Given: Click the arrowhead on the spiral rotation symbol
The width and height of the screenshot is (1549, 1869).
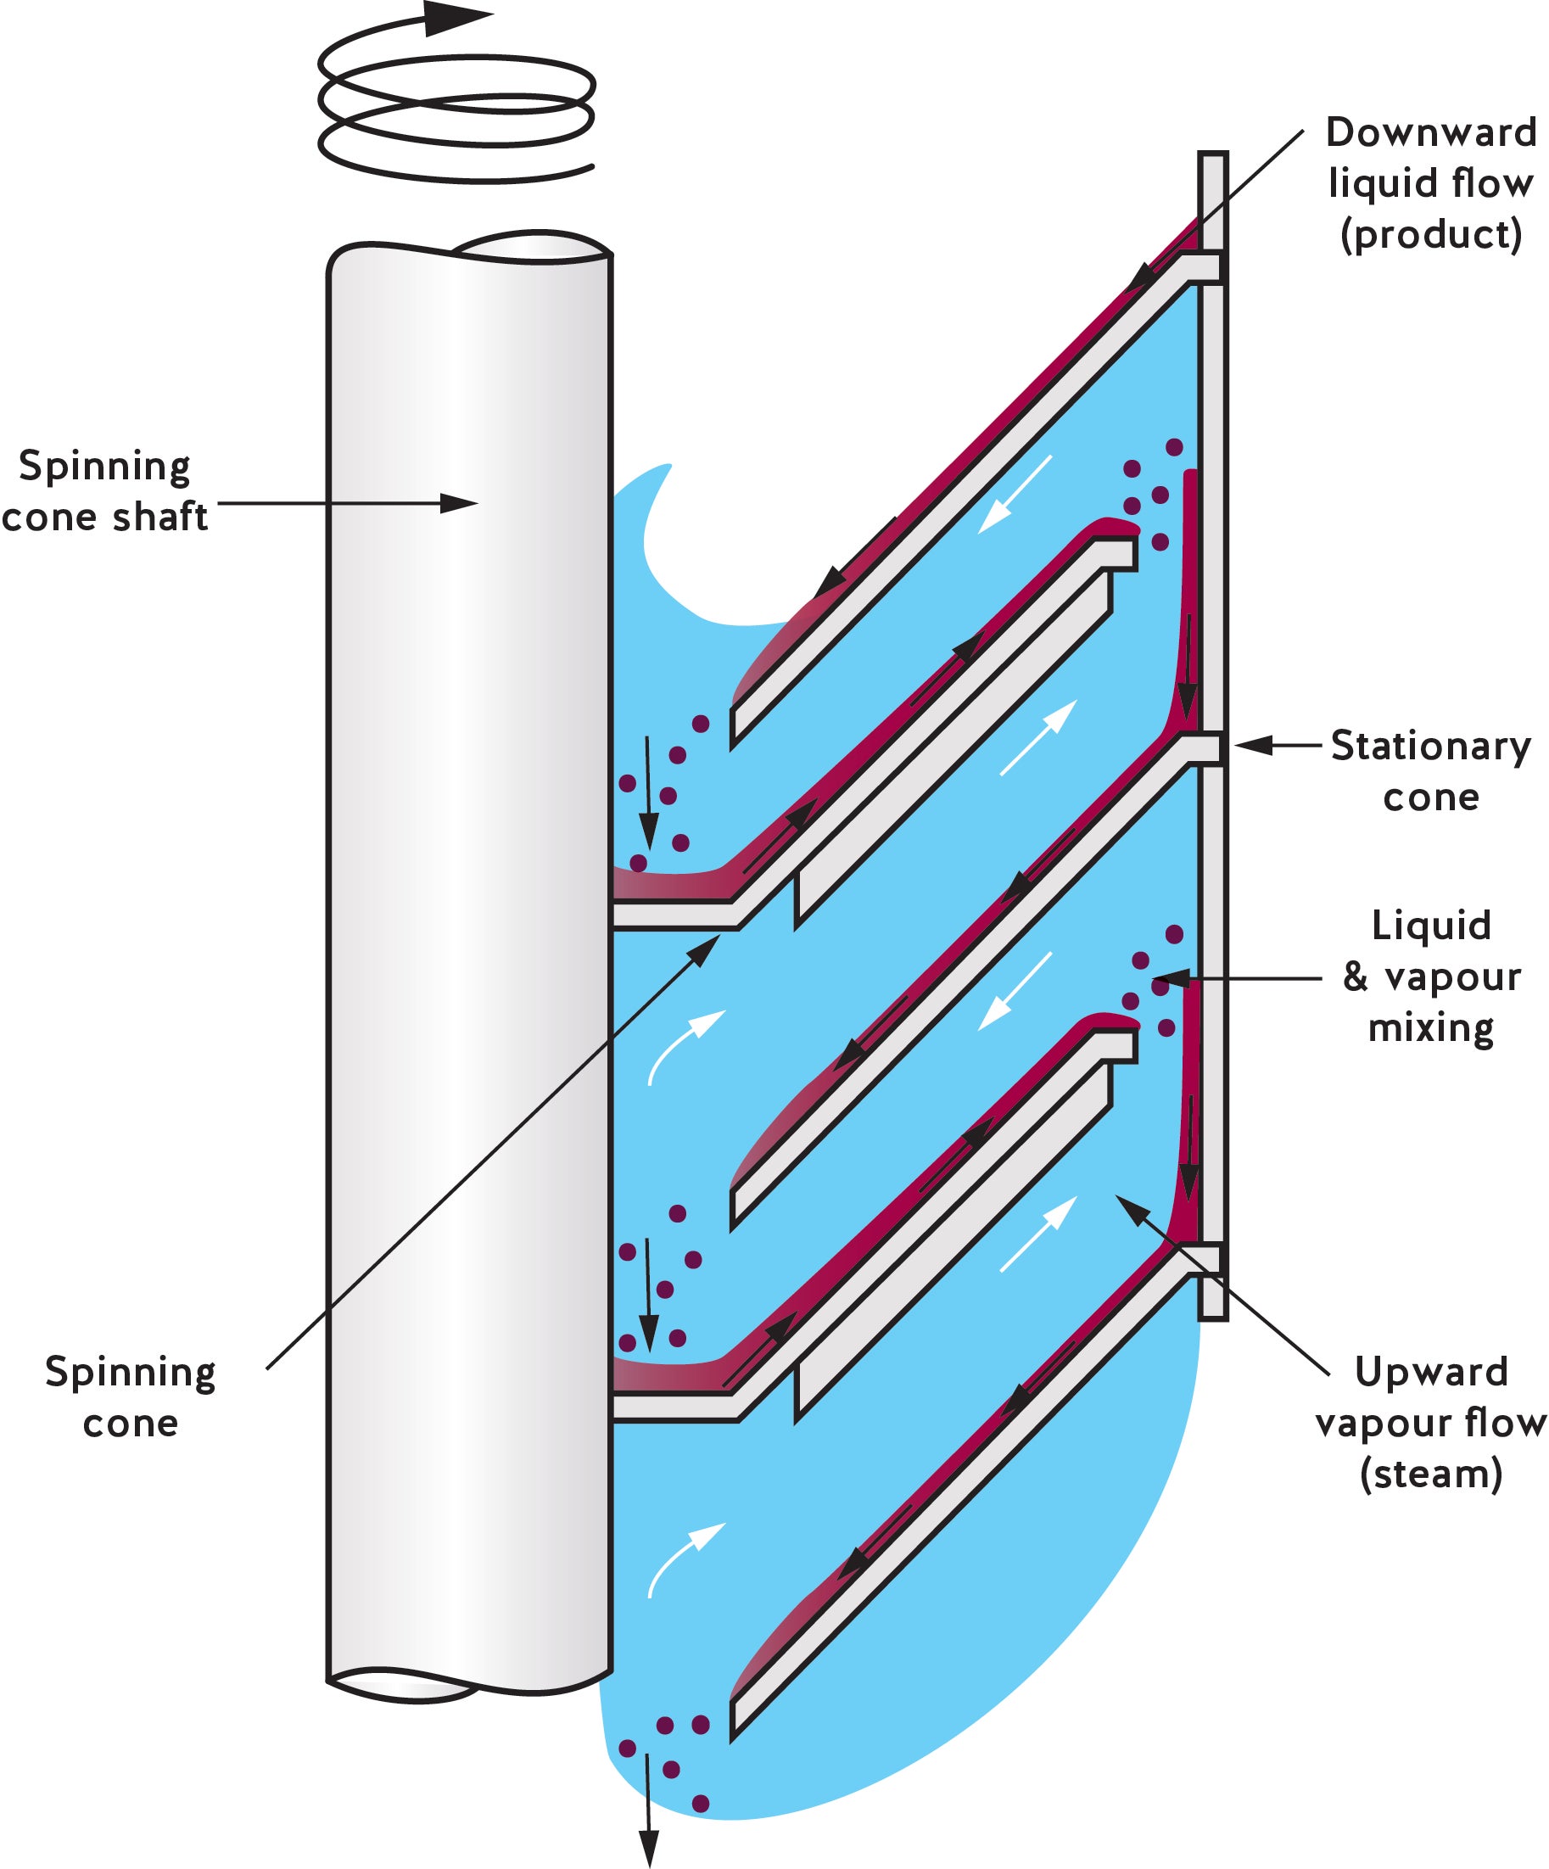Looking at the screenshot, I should (456, 18).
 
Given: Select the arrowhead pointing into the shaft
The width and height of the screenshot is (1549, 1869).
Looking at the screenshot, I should (461, 504).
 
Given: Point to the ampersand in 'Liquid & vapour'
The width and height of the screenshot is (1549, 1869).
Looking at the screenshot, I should (1355, 977).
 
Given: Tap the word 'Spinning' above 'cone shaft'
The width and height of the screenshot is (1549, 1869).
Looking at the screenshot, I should (105, 466).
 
